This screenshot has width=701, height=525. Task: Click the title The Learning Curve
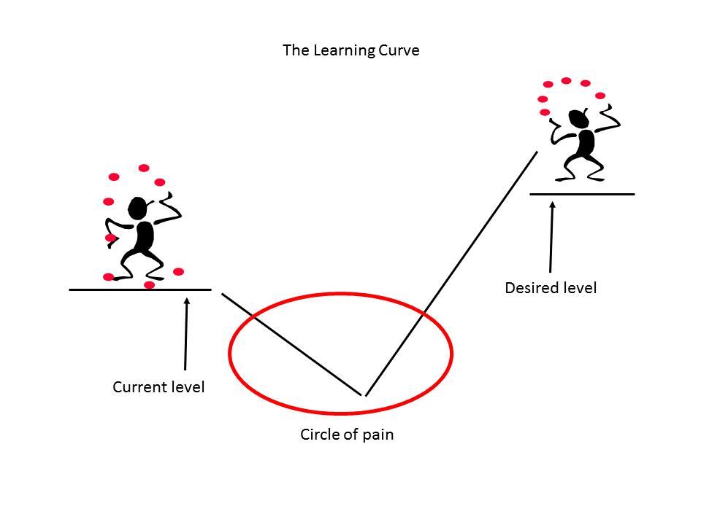pos(351,51)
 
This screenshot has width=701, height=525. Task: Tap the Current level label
pos(158,387)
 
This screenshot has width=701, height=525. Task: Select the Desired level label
pos(551,288)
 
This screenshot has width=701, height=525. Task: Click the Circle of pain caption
pos(347,435)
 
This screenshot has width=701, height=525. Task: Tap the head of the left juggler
pos(137,208)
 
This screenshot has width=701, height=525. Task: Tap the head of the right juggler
pos(579,119)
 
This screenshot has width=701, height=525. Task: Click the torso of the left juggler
pos(145,236)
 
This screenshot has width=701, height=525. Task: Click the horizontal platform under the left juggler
pos(140,289)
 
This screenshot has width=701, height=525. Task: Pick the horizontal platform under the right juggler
pos(582,194)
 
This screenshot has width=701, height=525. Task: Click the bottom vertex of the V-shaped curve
pos(364,395)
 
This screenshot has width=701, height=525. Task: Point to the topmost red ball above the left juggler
pos(144,168)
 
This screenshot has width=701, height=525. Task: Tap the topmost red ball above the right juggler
pos(566,81)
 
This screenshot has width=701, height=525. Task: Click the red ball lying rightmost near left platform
pos(178,272)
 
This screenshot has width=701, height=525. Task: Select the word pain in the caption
pos(378,435)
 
